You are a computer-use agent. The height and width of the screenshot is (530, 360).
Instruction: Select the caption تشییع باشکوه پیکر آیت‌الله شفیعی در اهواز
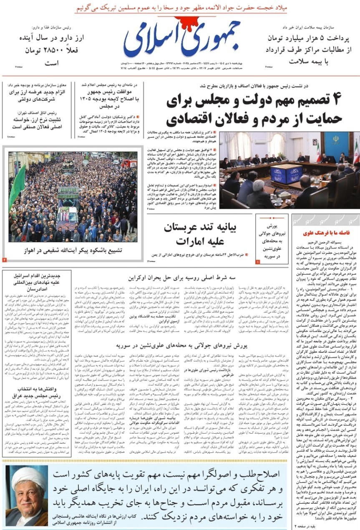click(x=73, y=250)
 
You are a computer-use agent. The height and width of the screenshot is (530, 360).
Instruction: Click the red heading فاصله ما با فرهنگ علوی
click(x=326, y=233)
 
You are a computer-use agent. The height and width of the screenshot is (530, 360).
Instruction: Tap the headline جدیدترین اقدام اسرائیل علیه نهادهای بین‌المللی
click(x=37, y=282)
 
